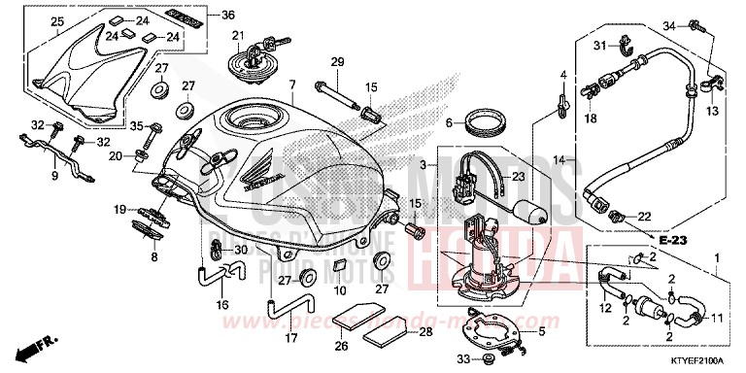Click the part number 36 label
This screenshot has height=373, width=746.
pos(228,15)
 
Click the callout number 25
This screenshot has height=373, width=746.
pos(30,21)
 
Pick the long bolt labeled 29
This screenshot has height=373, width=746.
pos(335,91)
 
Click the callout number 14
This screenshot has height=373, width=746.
pos(559,158)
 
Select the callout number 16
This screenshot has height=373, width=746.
pos(221,305)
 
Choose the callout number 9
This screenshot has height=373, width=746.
pos(54,176)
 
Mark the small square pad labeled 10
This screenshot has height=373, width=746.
pos(340,266)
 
